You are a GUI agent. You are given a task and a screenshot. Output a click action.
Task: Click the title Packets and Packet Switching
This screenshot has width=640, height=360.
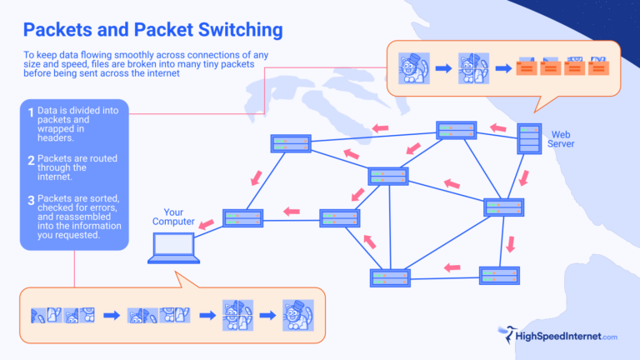[152, 30]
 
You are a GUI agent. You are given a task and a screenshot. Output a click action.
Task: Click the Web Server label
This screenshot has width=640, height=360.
[561, 138]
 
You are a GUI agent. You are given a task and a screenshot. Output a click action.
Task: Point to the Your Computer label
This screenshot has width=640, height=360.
[172, 217]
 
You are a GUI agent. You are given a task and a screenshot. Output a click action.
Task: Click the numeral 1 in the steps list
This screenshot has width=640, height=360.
[31, 112]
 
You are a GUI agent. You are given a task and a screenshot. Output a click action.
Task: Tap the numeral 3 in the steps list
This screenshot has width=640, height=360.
[31, 200]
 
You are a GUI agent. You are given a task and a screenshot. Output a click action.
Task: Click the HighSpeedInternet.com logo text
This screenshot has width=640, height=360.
[567, 336]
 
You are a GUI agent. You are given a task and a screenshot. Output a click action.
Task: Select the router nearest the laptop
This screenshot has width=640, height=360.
[242, 218]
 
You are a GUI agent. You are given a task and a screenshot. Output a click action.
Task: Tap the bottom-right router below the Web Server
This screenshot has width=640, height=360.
[499, 276]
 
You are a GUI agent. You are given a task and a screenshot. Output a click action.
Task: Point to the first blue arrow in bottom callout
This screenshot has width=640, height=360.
[111, 316]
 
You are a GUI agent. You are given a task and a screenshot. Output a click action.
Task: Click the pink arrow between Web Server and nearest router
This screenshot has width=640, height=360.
[499, 129]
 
